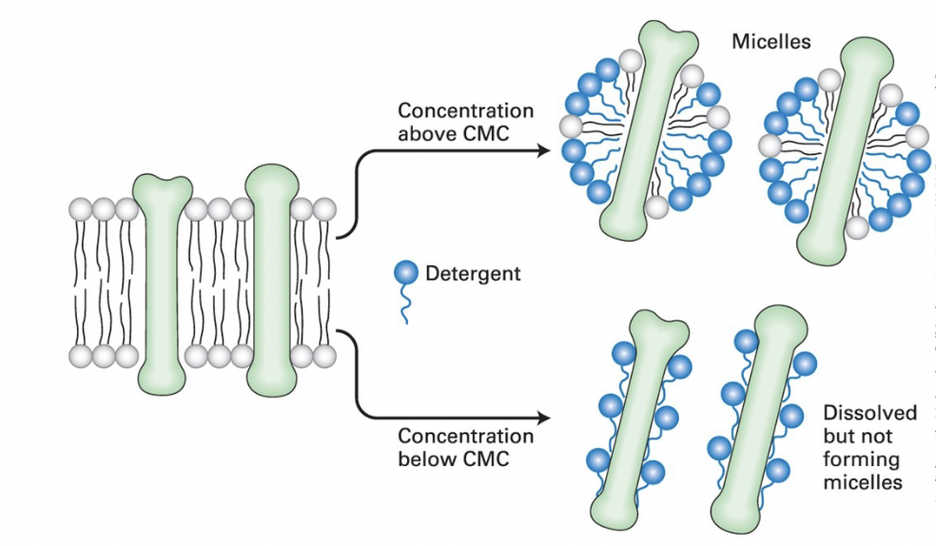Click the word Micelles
[770, 42]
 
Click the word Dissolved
[869, 413]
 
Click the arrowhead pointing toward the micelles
[545, 150]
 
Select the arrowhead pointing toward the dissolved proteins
[543, 418]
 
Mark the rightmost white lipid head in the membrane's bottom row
[325, 357]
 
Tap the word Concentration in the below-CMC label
[465, 437]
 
